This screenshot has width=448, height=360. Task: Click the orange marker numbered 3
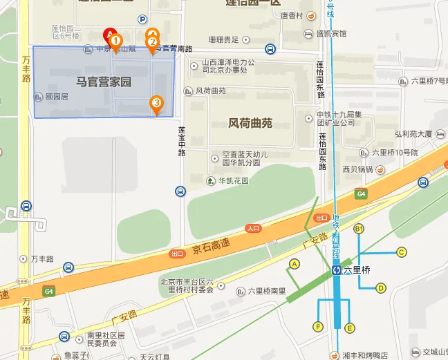pos(157,104)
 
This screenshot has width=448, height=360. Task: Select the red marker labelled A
pos(109,34)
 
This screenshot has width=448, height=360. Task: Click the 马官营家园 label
pos(104,83)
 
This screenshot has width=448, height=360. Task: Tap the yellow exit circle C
pos(401,252)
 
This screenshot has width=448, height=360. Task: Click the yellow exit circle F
pos(318,327)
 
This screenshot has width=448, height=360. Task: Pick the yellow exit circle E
pos(350,328)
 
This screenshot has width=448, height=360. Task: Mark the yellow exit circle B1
pos(359,229)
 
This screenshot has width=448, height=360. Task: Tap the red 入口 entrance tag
pos(253,227)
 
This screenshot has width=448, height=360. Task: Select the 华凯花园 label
pos(234,181)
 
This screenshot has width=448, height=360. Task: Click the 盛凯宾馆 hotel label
pos(331,32)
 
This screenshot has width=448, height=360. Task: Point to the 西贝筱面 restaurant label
pos(357,169)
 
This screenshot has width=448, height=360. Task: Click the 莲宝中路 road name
pos(181,141)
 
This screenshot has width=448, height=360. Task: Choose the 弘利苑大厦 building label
pos(413,133)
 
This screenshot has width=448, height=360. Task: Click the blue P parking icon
pos(143,19)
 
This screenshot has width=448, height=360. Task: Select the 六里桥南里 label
pos(266,291)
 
